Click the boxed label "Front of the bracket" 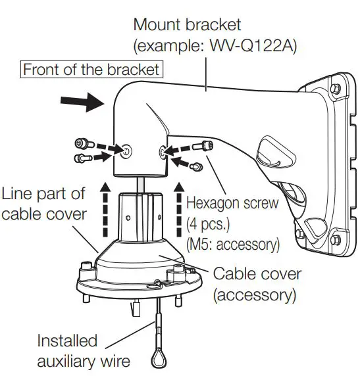tap(91, 68)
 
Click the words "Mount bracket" tap(187, 25)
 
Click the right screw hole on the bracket tap(162, 152)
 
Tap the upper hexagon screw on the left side tap(82, 143)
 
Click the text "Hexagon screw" tap(232, 203)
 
